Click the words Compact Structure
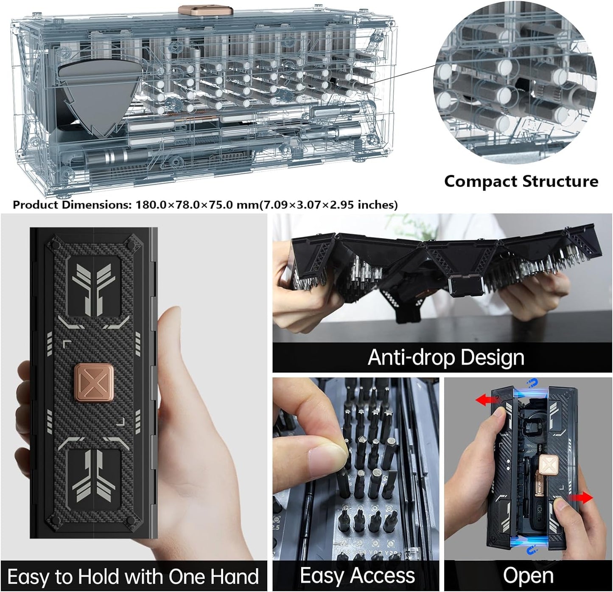tap(521, 181)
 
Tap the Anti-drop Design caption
tap(445, 357)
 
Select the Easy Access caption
tap(357, 576)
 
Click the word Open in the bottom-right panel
tap(528, 576)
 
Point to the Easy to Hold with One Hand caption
tap(133, 577)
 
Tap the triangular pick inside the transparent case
tap(98, 97)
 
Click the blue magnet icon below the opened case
tap(530, 552)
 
